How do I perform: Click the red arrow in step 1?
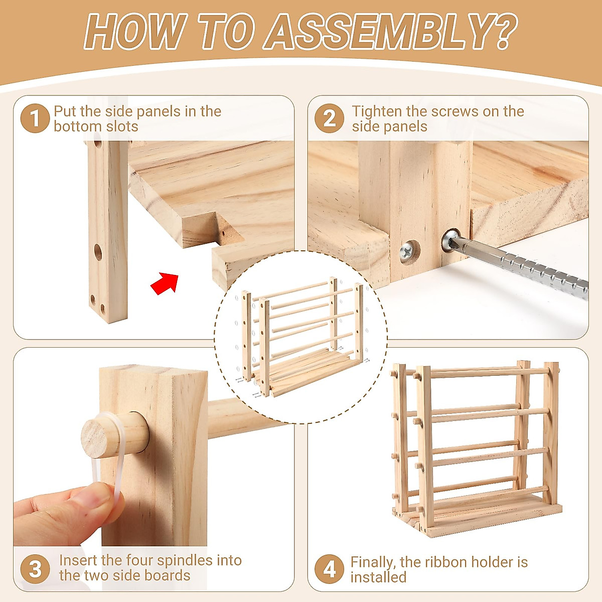[x=165, y=283]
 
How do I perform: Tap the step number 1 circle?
[x=35, y=118]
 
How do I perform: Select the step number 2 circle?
[x=329, y=118]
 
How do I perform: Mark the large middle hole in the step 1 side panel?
[x=98, y=252]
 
